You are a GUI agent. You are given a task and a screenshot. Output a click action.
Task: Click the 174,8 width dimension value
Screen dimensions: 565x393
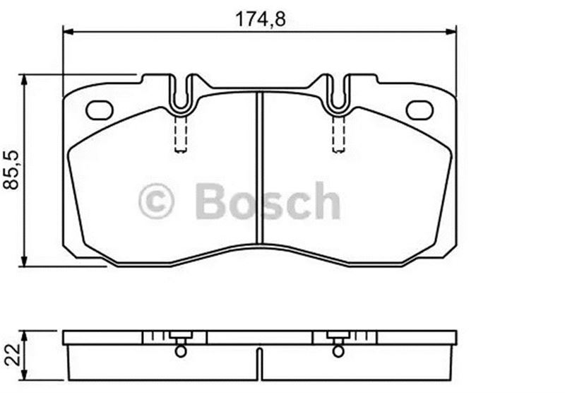(260, 19)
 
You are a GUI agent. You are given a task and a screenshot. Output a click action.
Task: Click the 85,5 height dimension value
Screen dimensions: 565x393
(11, 170)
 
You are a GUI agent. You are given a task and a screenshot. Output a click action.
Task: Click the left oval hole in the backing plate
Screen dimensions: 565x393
(100, 110)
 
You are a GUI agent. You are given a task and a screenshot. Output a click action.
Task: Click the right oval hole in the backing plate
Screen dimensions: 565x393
(420, 110)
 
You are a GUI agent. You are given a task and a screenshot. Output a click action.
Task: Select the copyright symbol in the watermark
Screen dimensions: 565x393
(156, 201)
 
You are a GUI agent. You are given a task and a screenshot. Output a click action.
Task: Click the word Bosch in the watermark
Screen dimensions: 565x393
(268, 201)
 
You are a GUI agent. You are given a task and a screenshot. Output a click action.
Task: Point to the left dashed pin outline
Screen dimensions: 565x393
(181, 134)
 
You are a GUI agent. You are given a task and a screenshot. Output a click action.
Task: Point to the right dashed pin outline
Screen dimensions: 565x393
(338, 134)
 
